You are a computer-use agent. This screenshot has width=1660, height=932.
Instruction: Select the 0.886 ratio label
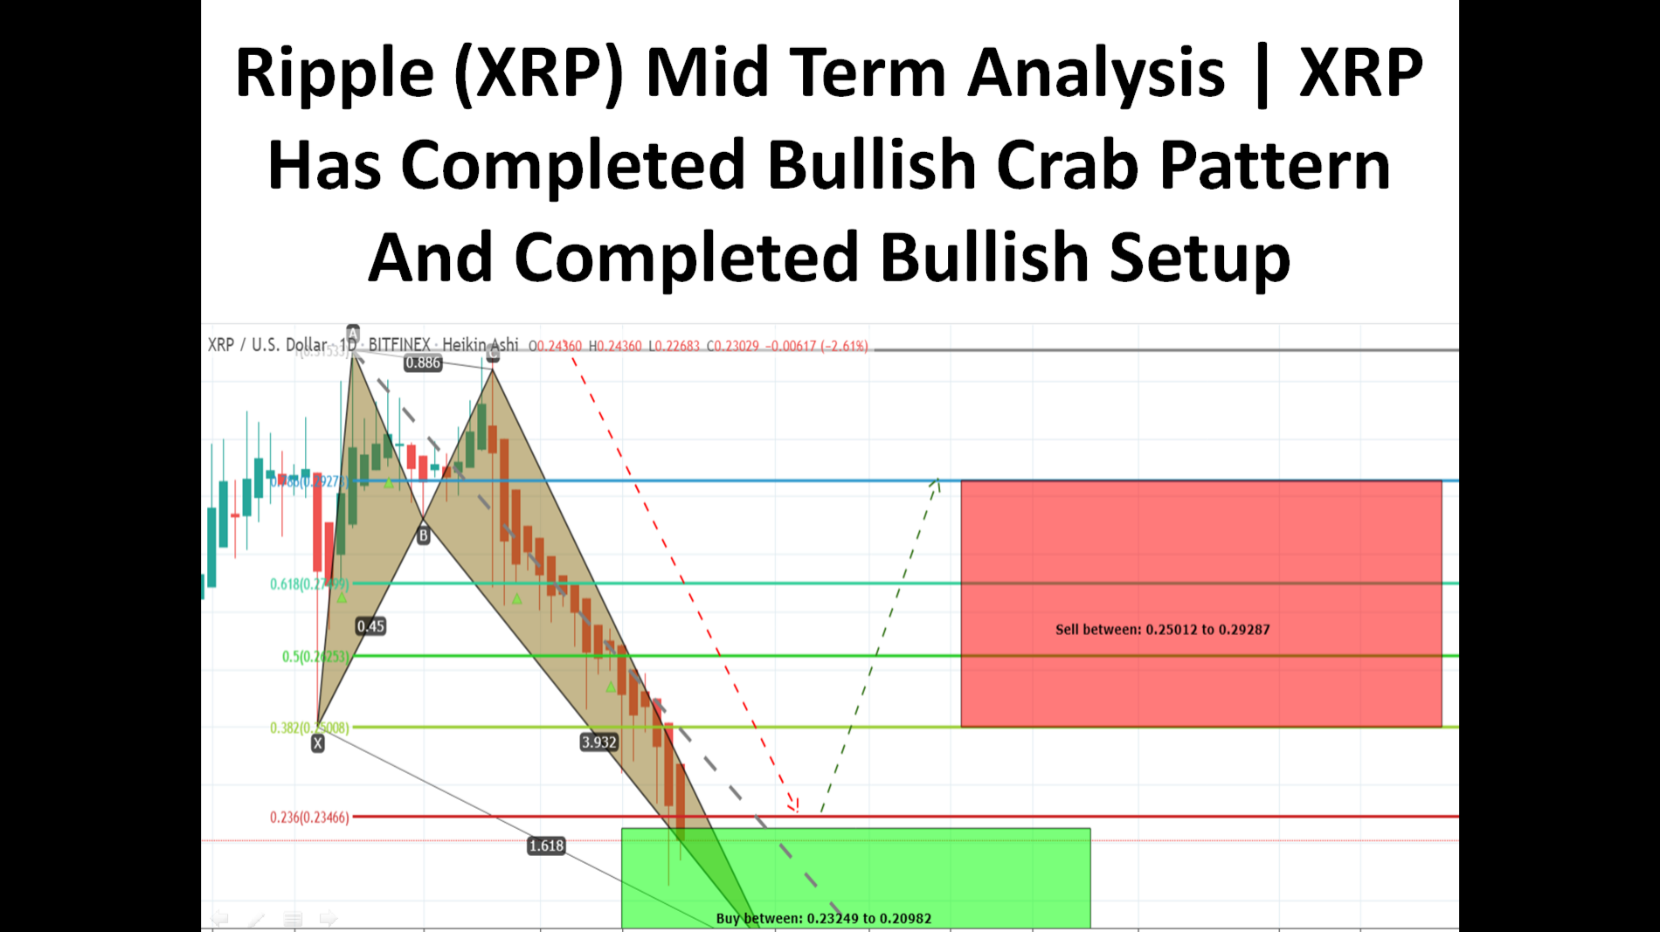(423, 363)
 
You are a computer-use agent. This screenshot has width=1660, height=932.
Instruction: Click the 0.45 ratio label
(370, 626)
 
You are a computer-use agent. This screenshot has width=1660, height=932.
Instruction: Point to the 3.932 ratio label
(598, 742)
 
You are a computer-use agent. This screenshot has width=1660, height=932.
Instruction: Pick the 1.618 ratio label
(546, 846)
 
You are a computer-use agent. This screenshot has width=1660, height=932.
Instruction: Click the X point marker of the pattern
(318, 743)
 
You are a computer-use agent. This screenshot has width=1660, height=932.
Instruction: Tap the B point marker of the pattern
(423, 535)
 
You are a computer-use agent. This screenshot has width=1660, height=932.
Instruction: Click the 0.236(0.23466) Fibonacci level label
(309, 818)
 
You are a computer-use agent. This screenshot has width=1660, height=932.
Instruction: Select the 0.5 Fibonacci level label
(315, 657)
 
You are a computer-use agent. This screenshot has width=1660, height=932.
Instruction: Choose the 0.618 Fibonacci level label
(308, 584)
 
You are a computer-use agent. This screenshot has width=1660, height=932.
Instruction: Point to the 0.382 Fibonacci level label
(308, 728)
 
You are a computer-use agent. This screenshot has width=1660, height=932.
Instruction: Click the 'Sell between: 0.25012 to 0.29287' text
(1162, 630)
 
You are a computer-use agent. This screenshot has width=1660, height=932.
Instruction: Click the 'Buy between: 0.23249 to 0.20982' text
(823, 918)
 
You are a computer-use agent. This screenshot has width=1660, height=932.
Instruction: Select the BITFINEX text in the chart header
(399, 345)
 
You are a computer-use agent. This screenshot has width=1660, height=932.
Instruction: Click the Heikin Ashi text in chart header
(480, 345)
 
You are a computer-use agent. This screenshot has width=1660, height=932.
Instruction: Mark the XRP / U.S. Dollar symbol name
(267, 345)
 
